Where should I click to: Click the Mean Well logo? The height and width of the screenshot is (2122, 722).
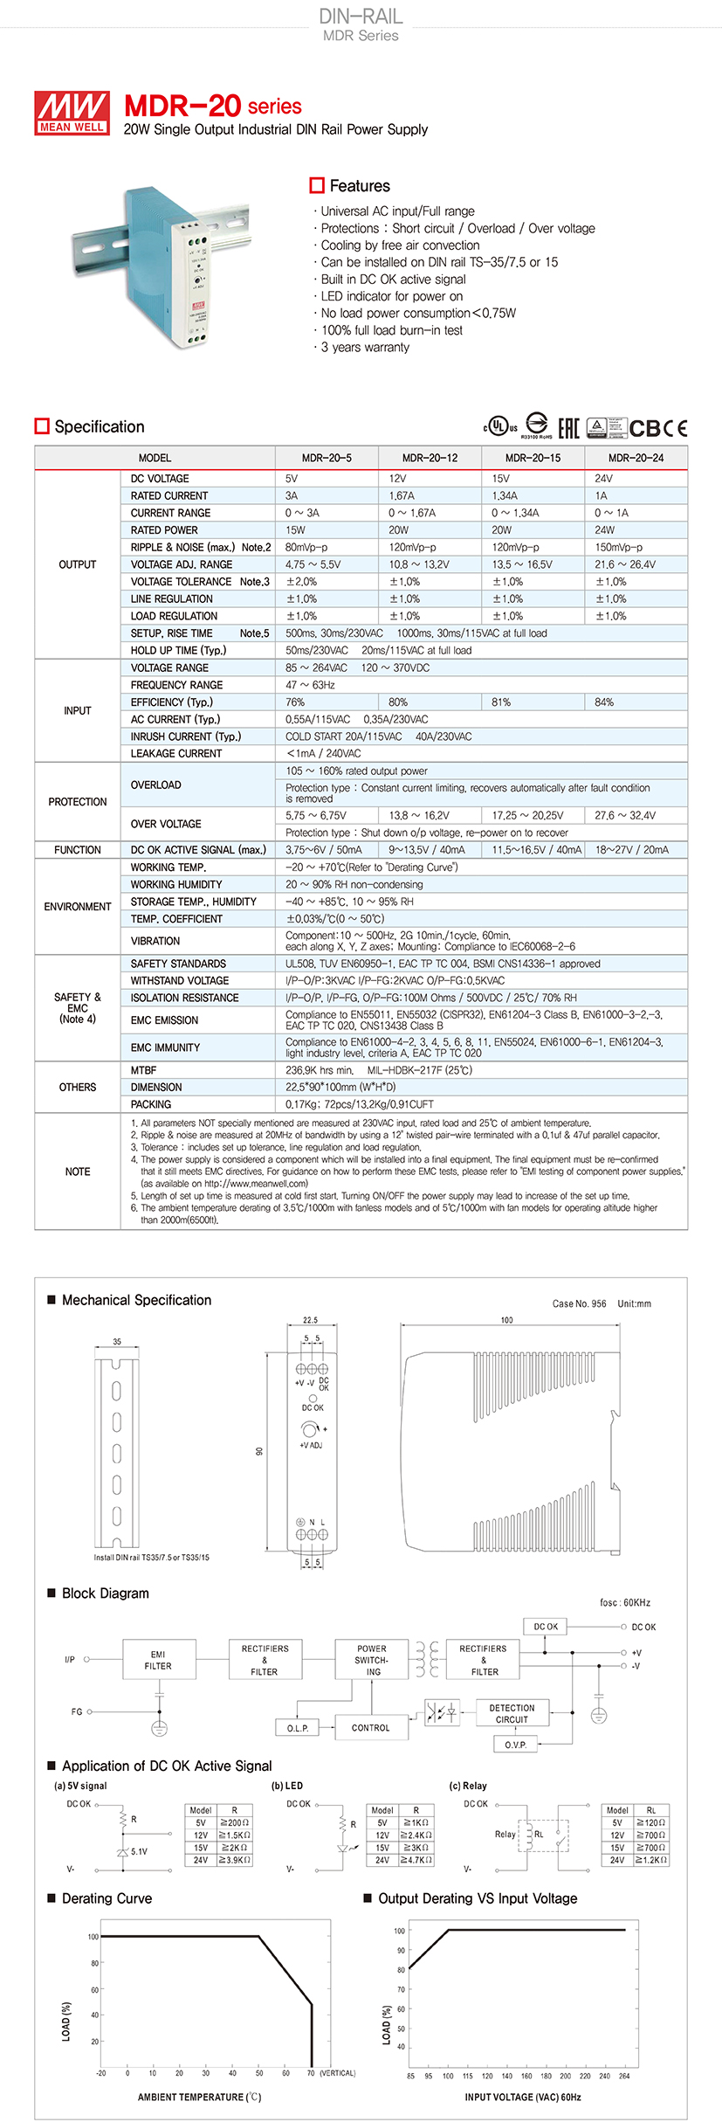[x=72, y=113]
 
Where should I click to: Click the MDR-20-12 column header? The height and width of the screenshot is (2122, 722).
[x=430, y=458]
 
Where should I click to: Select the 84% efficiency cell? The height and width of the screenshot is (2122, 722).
[x=604, y=702]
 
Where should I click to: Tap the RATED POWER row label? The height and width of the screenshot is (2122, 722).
[x=164, y=530]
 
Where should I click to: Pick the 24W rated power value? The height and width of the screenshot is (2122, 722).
[x=605, y=530]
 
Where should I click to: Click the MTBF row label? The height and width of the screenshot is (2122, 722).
[x=143, y=1070]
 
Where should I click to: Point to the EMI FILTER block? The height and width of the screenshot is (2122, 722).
[x=158, y=1661]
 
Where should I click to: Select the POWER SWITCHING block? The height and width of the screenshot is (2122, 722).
[x=372, y=1660]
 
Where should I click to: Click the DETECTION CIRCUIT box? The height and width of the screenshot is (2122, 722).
[x=512, y=1713]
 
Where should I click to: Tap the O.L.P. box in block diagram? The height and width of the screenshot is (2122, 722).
[x=298, y=1728]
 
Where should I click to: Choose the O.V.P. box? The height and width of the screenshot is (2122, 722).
[x=515, y=1745]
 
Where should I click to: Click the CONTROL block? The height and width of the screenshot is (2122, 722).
[x=371, y=1728]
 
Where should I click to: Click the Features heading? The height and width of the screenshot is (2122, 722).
[x=359, y=186]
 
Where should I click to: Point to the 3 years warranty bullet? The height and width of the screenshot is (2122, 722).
[x=365, y=348]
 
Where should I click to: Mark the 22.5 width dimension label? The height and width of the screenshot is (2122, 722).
[x=310, y=1320]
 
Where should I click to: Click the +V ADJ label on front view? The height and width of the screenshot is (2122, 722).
[x=311, y=1445]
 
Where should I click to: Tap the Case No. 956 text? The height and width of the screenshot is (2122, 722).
[x=579, y=1303]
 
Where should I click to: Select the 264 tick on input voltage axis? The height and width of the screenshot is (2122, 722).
[x=624, y=2076]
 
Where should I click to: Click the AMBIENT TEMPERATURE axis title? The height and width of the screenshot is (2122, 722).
[x=199, y=2097]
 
